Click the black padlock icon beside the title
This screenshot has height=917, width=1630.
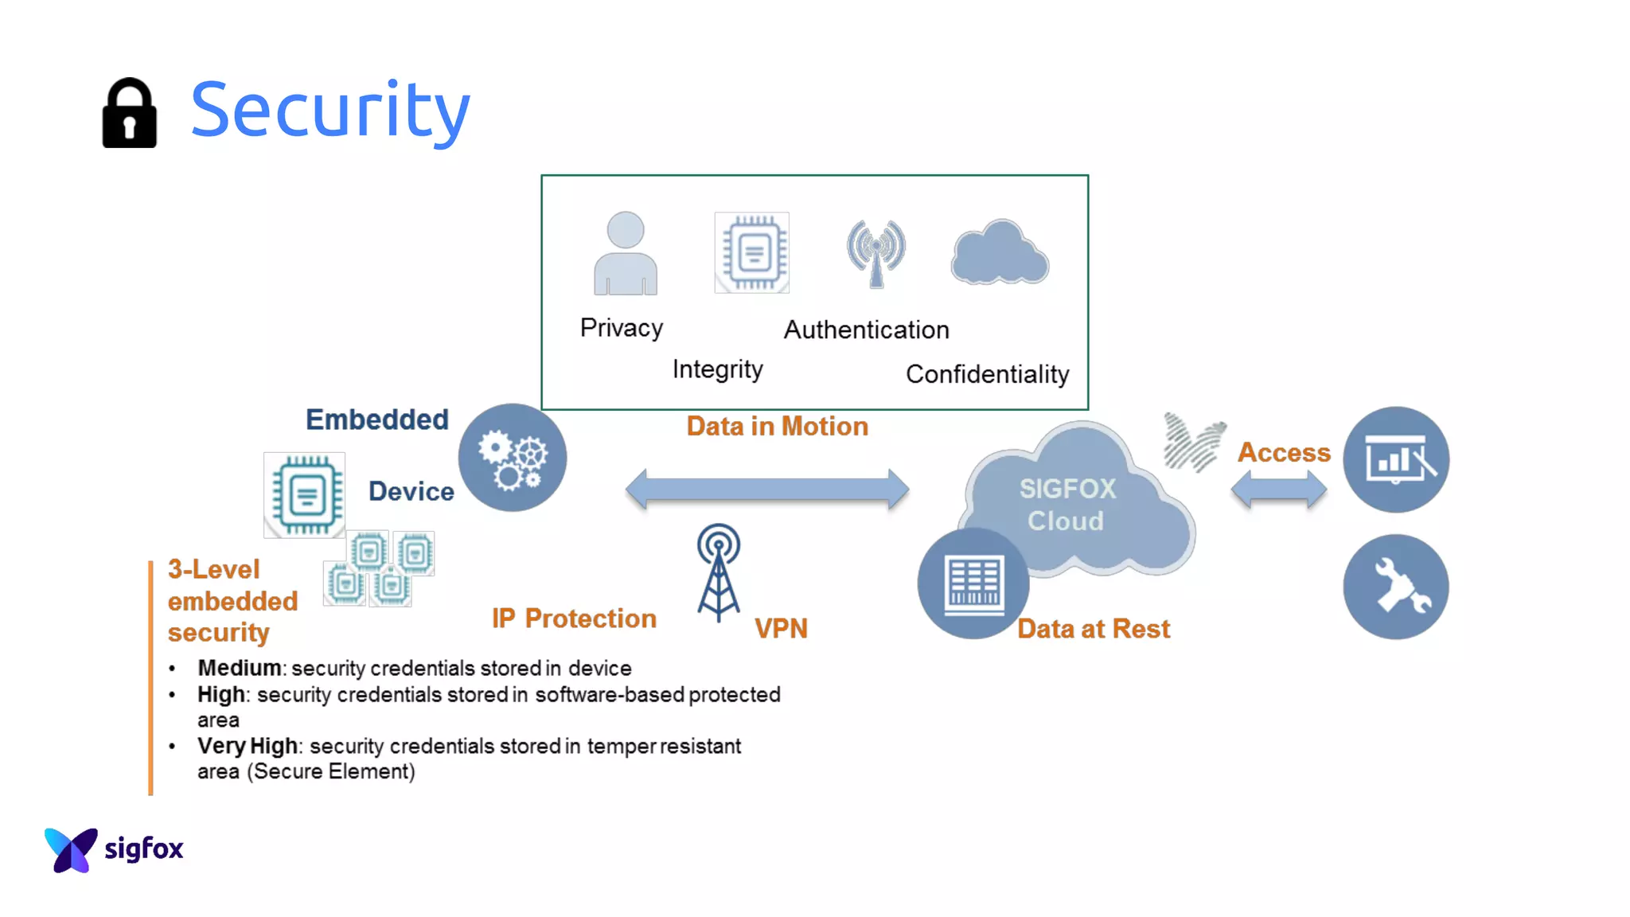(129, 113)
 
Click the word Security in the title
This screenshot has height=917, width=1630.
(330, 109)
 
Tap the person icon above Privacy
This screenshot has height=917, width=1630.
(626, 253)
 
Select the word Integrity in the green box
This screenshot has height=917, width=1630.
(717, 369)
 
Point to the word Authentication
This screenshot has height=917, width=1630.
(866, 330)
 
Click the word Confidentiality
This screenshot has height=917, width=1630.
(987, 374)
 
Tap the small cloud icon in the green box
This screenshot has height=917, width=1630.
(1000, 253)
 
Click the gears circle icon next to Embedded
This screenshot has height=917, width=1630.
(513, 458)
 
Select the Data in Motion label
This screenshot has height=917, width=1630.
(777, 427)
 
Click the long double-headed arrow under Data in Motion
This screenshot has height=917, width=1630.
(767, 489)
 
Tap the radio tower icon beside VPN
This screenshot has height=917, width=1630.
(719, 572)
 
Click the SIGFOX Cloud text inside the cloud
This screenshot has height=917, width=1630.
(1067, 505)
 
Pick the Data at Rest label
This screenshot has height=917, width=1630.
(1094, 629)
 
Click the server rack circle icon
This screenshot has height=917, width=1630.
(973, 583)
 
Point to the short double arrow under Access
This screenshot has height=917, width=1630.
(1278, 489)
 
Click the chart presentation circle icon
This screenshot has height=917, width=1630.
(1396, 459)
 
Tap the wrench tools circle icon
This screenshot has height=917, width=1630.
(1396, 587)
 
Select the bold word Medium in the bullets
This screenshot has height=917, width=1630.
(239, 668)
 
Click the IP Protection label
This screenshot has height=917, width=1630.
(574, 618)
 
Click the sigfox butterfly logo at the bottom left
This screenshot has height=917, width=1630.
(72, 849)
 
